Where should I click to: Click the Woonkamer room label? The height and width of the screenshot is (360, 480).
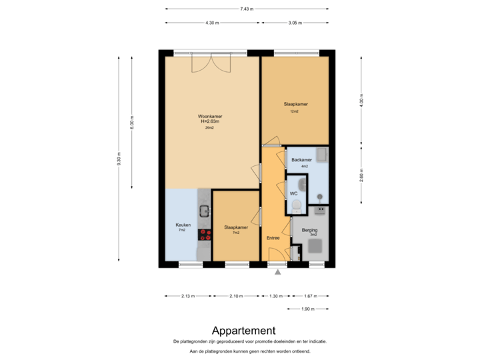(x=209, y=115)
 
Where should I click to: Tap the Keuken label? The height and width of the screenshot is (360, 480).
(x=183, y=225)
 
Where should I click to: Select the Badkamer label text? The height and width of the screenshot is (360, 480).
(x=301, y=160)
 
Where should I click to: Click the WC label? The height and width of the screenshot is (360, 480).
(x=293, y=193)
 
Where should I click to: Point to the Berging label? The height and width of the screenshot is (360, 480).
(x=309, y=230)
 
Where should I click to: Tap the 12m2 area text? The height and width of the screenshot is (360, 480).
(x=294, y=111)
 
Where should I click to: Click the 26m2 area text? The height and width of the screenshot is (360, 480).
(x=209, y=127)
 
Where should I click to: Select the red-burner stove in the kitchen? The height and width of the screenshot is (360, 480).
(x=205, y=235)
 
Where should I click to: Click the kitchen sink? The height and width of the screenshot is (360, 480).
(x=205, y=211)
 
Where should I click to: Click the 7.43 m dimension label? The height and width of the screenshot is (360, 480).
(x=247, y=9)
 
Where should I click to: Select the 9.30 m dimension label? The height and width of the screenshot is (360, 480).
(x=119, y=161)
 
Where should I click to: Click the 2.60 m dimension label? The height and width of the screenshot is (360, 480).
(x=361, y=177)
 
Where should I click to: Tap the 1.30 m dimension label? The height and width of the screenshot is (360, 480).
(x=275, y=296)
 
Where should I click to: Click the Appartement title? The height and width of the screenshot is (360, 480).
(x=243, y=330)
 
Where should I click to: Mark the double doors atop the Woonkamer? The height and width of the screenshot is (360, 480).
(x=210, y=63)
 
